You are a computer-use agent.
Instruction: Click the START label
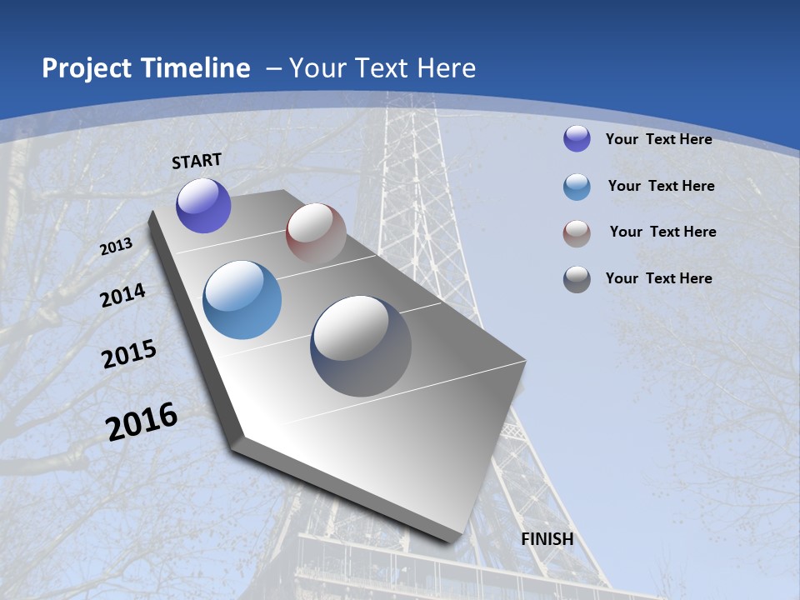click(x=197, y=160)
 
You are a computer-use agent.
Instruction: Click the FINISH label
click(x=547, y=539)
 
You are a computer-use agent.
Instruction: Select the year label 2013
click(x=117, y=247)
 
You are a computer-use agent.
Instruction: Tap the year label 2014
click(x=122, y=296)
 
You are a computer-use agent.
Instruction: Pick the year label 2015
click(x=129, y=354)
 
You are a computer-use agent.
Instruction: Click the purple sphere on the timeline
click(x=203, y=206)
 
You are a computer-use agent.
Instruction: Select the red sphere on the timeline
click(x=316, y=233)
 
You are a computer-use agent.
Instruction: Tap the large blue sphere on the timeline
click(x=242, y=300)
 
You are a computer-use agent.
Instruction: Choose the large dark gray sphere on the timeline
click(x=361, y=346)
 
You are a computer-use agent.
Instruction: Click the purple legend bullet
click(x=577, y=138)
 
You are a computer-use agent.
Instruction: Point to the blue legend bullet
click(x=577, y=187)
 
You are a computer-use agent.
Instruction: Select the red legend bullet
click(x=577, y=233)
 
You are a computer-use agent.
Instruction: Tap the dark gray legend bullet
click(x=577, y=279)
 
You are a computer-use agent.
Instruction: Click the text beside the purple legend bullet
click(x=659, y=139)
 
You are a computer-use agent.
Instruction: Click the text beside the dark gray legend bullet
click(x=659, y=278)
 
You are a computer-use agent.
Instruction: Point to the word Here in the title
click(x=447, y=68)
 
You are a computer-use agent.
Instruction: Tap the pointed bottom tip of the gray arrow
click(x=454, y=541)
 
